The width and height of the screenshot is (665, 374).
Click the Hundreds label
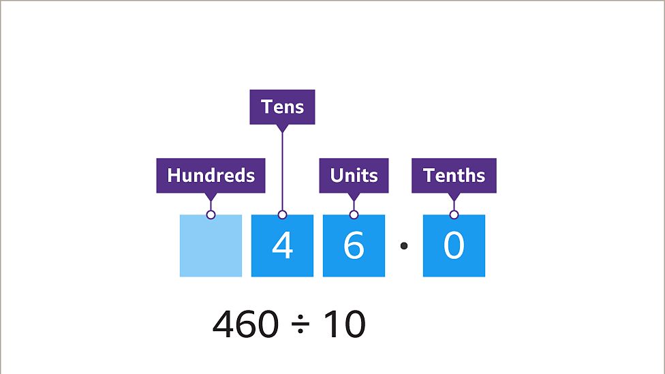pos(211,175)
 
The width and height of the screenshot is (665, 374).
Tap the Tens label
pos(282,107)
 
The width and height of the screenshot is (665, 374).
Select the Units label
pos(354,175)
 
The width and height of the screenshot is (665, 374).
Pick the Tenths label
pos(454,175)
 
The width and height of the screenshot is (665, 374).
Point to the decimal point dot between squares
pos(403,245)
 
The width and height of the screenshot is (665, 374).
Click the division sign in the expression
pos(300,326)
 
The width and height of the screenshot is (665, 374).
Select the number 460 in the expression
pos(245,325)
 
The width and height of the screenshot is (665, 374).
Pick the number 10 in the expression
pos(344,325)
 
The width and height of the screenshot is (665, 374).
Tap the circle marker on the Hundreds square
pos(211,215)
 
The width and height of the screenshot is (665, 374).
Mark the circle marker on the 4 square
pos(282,215)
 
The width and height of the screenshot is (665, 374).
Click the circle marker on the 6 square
pos(354,215)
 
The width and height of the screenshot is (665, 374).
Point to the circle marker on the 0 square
pos(454,215)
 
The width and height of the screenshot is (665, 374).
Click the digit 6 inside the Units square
pos(354,246)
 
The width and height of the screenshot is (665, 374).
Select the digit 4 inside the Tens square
pos(282,246)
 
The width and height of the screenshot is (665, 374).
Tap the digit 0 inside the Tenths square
pos(454,246)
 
